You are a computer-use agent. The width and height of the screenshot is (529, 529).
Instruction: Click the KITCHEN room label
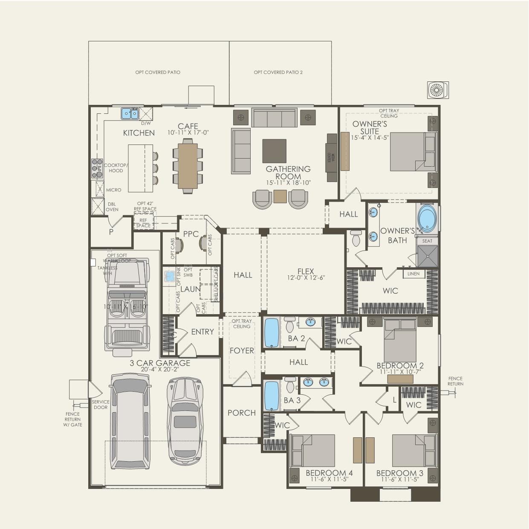(139, 133)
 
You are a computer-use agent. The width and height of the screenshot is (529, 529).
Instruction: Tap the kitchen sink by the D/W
(130, 113)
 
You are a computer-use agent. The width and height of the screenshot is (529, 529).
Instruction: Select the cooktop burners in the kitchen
(97, 168)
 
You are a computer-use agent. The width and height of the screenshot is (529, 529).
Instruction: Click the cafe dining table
(188, 166)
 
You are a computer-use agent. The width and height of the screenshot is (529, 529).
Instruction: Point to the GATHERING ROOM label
(288, 173)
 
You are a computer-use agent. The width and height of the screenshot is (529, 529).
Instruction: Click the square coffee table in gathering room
(274, 151)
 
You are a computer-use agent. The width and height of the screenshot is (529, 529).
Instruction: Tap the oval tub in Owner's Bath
(427, 218)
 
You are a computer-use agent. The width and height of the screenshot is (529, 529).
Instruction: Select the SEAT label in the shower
(427, 241)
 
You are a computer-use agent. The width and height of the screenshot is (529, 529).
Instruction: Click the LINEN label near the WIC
(413, 274)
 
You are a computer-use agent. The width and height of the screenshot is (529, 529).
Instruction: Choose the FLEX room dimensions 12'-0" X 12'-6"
(306, 278)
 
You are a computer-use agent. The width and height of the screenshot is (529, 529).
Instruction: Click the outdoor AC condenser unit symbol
(438, 90)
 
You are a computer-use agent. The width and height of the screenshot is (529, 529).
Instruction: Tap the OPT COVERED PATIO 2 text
(278, 72)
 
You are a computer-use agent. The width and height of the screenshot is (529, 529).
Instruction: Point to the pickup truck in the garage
(127, 306)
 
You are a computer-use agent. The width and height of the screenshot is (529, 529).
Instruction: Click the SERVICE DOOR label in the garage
(101, 405)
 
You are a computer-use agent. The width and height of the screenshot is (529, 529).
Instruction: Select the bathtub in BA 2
(272, 332)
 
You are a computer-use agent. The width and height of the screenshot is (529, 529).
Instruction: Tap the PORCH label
(242, 413)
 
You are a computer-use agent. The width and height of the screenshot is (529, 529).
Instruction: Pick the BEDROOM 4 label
(329, 473)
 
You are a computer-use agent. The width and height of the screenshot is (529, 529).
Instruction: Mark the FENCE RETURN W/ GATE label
(73, 419)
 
